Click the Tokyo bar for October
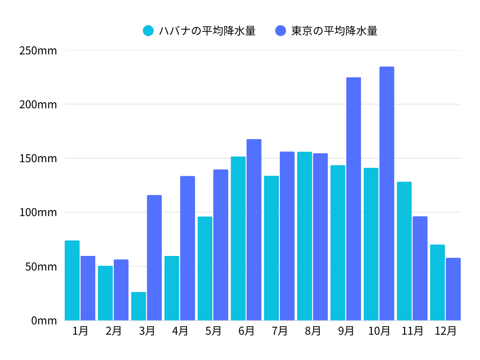(387, 194)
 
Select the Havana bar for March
(138, 306)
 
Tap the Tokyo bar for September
(353, 199)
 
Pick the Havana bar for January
(72, 280)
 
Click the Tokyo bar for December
(453, 289)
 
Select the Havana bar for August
(305, 236)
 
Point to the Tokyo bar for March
(154, 257)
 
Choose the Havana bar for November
(404, 251)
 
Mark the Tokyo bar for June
(254, 230)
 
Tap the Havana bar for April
(172, 288)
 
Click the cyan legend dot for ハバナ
(148, 31)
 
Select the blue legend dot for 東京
(280, 31)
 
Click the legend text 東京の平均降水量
(334, 31)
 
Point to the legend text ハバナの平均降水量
(207, 31)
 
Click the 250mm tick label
(38, 50)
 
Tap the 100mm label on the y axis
(38, 212)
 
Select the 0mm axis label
(44, 321)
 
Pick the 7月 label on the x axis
(279, 331)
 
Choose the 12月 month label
(445, 331)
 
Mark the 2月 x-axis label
(113, 331)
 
